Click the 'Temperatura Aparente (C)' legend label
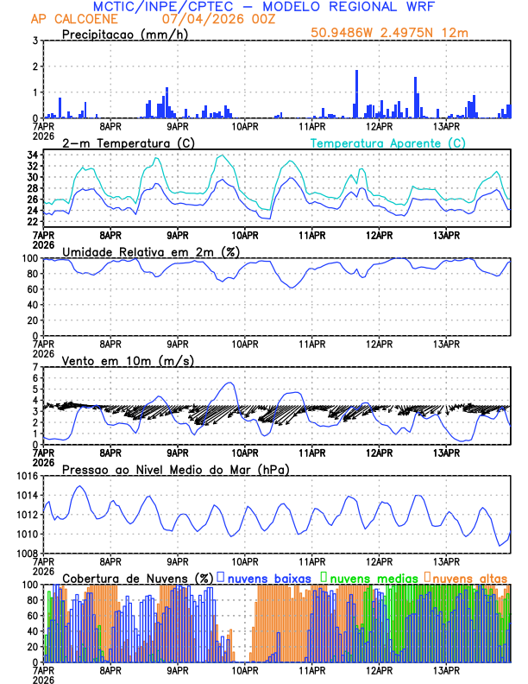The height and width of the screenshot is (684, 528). click(387, 142)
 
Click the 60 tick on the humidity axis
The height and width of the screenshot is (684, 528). click(30, 289)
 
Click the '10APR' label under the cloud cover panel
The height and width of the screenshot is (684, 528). click(245, 670)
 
